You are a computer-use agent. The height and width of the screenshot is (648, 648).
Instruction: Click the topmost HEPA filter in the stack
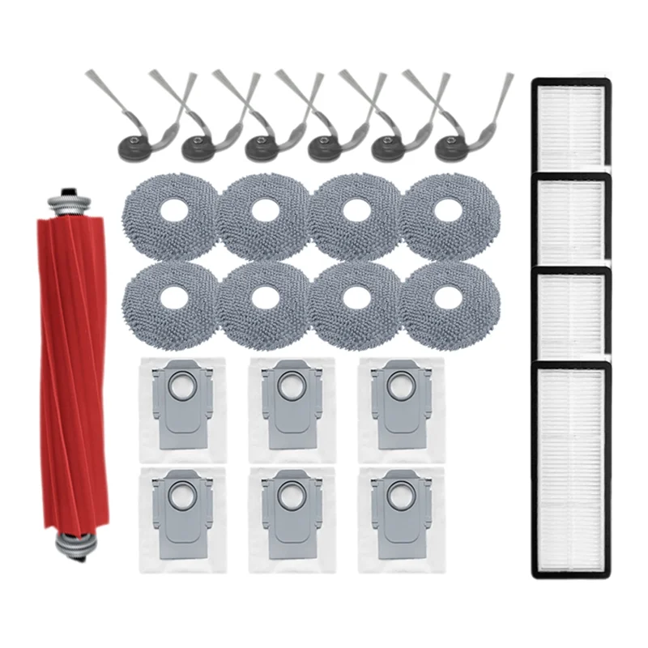pos(571,125)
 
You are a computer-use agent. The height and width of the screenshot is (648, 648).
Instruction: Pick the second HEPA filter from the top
pos(571,219)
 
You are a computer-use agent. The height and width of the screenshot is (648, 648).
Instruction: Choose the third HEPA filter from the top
pos(571,312)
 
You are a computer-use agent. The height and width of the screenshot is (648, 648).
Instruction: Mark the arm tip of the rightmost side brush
pos(509,78)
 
